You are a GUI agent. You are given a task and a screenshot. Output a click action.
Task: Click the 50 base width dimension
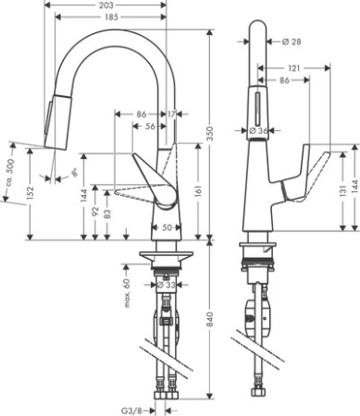[x=168, y=226]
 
